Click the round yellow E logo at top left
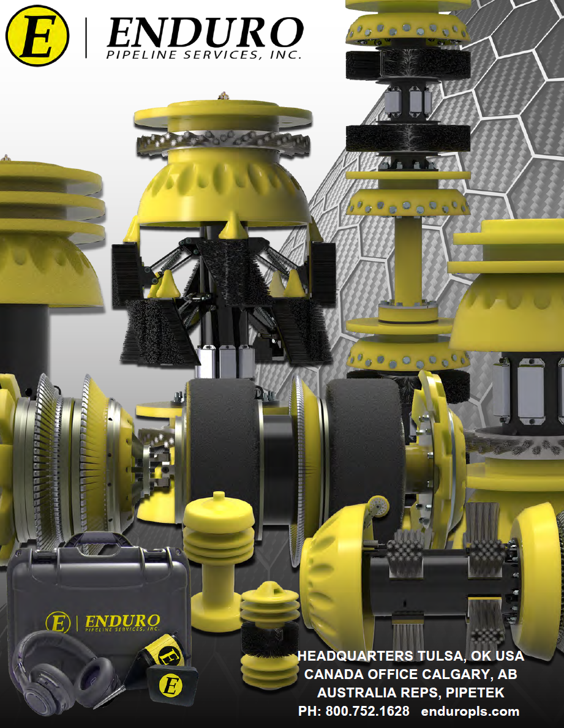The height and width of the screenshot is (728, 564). [37, 36]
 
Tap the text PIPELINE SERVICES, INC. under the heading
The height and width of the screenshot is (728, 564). [205, 55]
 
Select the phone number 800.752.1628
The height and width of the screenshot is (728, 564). [367, 711]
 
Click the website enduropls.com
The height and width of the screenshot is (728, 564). [470, 711]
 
